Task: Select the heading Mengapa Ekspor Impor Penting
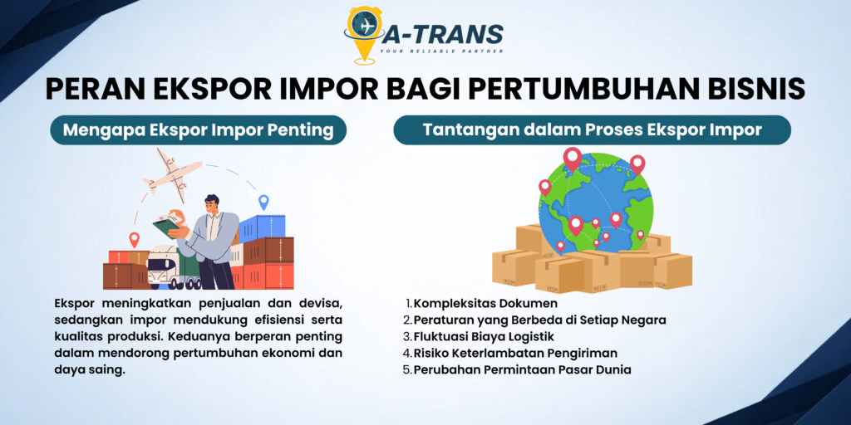click(x=198, y=130)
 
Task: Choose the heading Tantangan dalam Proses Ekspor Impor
click(x=592, y=130)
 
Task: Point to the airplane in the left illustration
click(x=173, y=172)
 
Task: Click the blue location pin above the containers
click(x=263, y=203)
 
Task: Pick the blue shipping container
click(x=262, y=228)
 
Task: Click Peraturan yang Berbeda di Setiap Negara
click(x=540, y=320)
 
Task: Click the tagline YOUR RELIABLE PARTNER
click(x=441, y=51)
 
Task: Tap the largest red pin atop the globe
click(x=572, y=159)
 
